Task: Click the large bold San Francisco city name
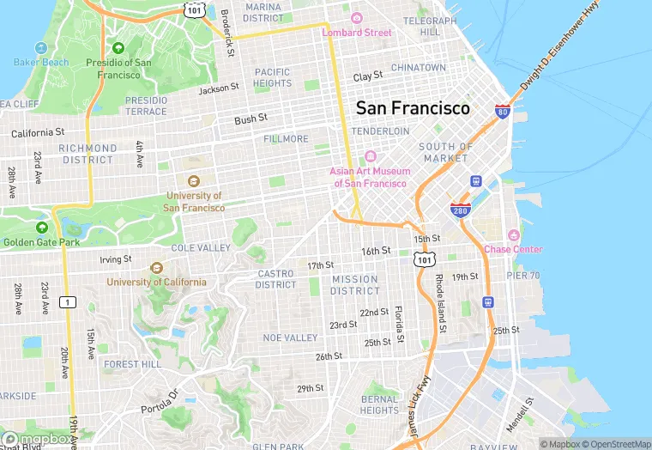click(x=413, y=108)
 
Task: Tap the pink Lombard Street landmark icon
click(x=357, y=18)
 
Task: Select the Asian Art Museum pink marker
click(x=371, y=155)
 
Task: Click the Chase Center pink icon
click(x=513, y=234)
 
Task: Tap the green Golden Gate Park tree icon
click(x=41, y=228)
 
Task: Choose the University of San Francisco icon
click(x=194, y=180)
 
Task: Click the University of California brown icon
click(x=156, y=267)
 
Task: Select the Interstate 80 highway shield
click(x=503, y=111)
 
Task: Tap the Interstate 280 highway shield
click(x=460, y=210)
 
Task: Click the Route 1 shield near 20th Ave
click(x=65, y=301)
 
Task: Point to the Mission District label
click(x=355, y=285)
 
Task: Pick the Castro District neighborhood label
click(x=276, y=279)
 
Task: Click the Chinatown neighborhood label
click(x=419, y=67)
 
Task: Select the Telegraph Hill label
click(x=430, y=26)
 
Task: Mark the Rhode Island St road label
click(x=439, y=302)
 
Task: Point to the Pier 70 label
click(x=522, y=276)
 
